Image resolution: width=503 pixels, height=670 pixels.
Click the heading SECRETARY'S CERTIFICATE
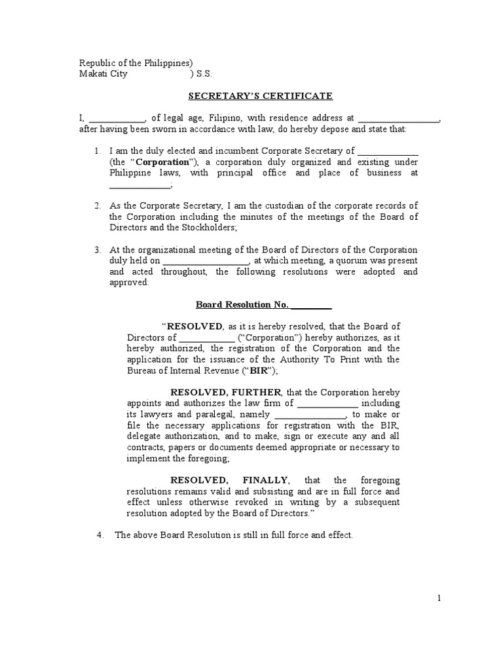click(261, 96)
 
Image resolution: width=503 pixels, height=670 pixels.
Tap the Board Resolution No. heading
click(264, 304)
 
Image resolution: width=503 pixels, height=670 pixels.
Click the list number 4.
click(100, 535)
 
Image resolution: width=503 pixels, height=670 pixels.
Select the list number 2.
click(97, 206)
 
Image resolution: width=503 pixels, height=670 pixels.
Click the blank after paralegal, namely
click(310, 415)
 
